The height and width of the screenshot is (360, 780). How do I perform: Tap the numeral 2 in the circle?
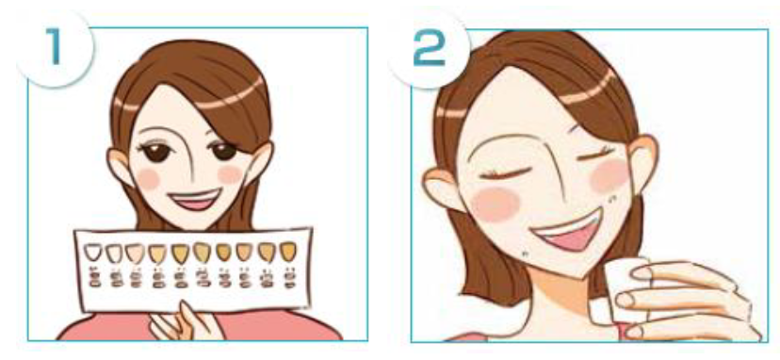(430, 49)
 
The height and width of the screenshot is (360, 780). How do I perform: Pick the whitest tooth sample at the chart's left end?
(92, 252)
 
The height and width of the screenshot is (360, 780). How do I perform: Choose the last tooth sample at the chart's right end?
(288, 252)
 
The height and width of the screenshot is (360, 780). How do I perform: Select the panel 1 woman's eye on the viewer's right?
(223, 150)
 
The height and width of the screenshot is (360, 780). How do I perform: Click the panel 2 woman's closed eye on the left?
(502, 174)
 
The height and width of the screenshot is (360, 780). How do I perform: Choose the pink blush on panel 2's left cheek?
(495, 205)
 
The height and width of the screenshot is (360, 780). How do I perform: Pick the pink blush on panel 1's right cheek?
(231, 174)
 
